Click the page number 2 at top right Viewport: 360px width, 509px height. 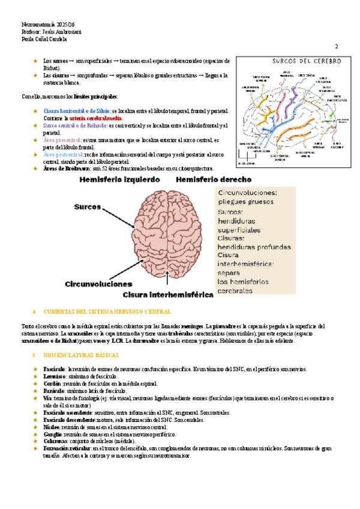(336, 47)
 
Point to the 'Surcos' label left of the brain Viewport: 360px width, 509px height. (88, 206)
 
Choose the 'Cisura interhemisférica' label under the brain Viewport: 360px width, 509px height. (168, 295)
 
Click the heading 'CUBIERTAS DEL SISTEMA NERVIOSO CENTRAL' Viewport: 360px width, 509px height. (103, 312)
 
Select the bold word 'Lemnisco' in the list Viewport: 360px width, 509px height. (54, 376)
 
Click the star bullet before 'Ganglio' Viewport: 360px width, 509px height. (35, 434)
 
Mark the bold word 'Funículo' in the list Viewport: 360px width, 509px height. (54, 391)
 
